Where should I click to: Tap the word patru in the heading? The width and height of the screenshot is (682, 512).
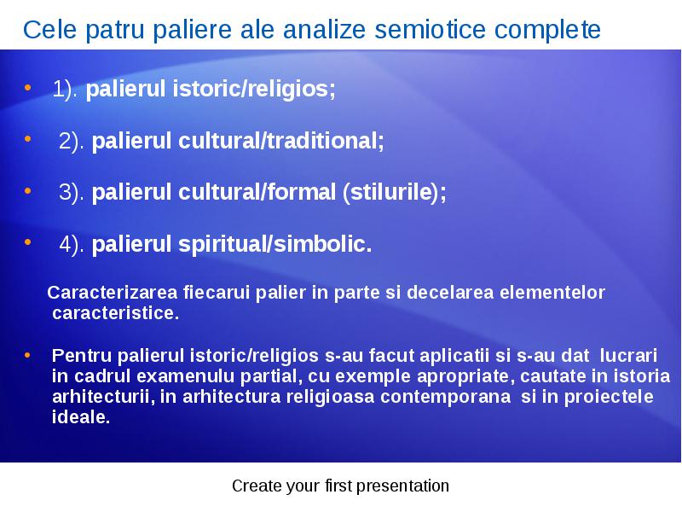click(115, 31)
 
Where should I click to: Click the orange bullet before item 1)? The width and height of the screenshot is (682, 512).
click(28, 88)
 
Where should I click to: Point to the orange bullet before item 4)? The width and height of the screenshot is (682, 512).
click(28, 241)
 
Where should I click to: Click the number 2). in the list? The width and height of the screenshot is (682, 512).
click(72, 141)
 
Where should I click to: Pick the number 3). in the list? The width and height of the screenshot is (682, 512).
click(72, 193)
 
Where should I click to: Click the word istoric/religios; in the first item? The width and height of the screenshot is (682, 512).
click(254, 89)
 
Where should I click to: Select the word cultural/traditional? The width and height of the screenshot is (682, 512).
click(281, 141)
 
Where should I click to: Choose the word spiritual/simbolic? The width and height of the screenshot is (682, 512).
click(275, 245)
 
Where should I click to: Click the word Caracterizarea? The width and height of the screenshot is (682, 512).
click(113, 293)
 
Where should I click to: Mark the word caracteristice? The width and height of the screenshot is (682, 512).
click(115, 313)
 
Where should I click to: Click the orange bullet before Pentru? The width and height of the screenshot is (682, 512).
click(27, 355)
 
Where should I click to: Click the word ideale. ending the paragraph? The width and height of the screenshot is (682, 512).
click(81, 417)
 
